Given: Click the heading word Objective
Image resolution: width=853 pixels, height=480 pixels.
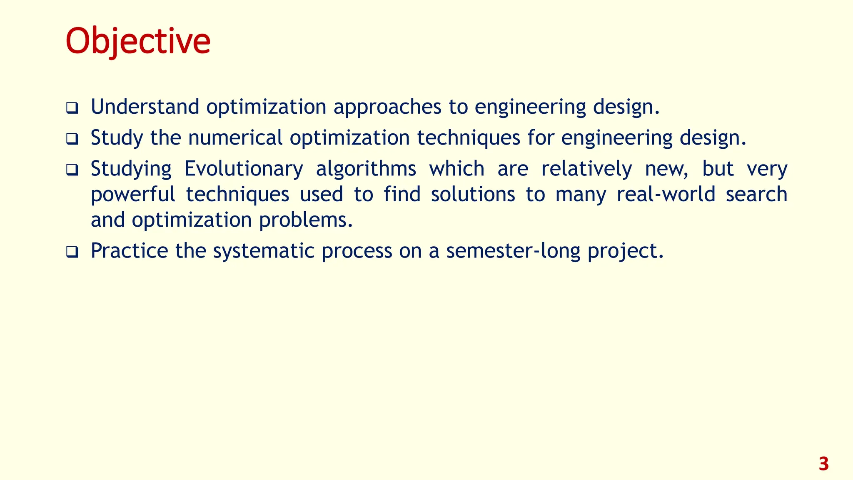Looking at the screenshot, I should (x=138, y=41).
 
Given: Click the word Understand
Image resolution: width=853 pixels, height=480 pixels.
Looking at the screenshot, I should (x=145, y=107).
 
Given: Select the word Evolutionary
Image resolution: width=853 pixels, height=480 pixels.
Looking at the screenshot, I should (x=244, y=169).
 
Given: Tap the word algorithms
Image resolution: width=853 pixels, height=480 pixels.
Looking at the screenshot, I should (x=366, y=169).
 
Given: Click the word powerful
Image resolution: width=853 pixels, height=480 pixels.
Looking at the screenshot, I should (x=133, y=195).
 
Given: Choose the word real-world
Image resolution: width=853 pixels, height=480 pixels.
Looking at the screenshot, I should (x=666, y=194).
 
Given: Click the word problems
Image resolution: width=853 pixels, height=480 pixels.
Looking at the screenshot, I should (x=306, y=220).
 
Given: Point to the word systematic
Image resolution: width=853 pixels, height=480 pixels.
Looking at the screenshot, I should (x=264, y=251).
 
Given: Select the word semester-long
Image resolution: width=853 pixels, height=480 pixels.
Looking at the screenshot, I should (x=513, y=251).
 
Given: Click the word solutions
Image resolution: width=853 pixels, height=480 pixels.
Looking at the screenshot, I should (x=473, y=194).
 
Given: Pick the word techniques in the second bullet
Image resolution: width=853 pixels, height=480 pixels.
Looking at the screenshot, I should (x=469, y=138).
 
